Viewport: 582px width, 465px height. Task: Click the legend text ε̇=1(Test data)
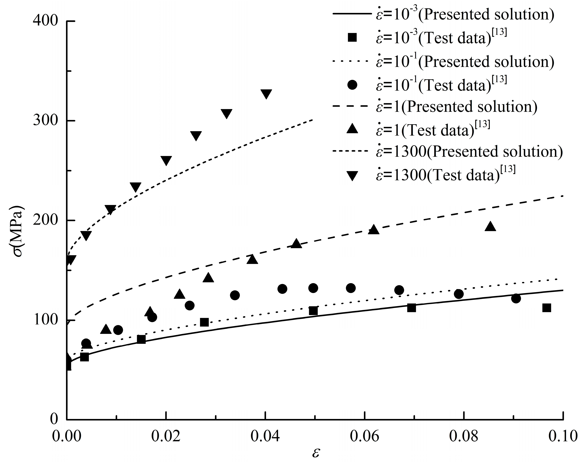(432, 130)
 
